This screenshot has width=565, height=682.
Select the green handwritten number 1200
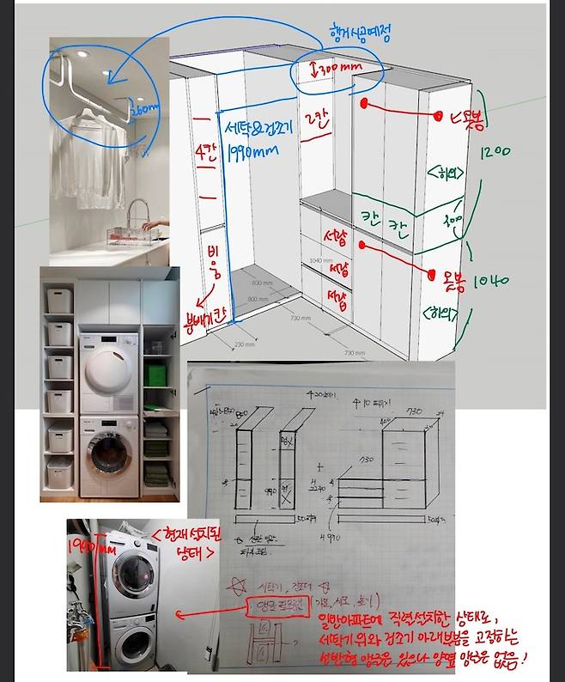(x=495, y=152)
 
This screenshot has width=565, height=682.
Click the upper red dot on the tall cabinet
(x=365, y=104)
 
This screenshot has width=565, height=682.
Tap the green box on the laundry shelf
(x=155, y=374)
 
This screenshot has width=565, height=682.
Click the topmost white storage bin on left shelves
(x=58, y=300)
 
